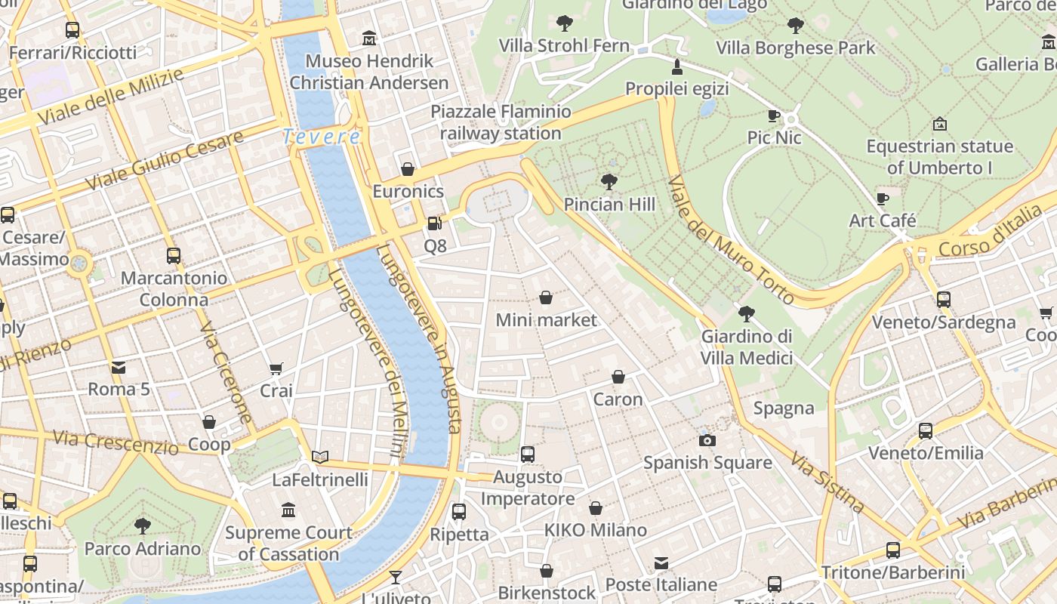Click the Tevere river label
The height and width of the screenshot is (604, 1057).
[322, 137]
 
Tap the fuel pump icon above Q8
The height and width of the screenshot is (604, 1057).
[434, 223]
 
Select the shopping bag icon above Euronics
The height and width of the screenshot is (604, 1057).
[408, 169]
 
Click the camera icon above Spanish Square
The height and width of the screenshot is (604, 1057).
[707, 440]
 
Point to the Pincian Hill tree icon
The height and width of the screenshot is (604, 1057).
[609, 182]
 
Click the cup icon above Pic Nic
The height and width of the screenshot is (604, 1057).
[774, 116]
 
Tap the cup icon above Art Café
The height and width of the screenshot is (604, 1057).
[883, 199]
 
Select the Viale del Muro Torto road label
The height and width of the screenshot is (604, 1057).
[730, 240]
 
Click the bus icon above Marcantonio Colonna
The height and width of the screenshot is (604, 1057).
[174, 256]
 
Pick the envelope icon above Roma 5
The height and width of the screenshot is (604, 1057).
[119, 368]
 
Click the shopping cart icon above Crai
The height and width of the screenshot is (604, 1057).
[276, 369]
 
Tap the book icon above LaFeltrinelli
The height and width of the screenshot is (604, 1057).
[320, 457]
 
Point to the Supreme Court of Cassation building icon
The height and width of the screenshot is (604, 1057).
[288, 510]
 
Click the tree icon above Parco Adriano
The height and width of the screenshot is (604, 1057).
[142, 526]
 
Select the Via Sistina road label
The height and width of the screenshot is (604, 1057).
[827, 482]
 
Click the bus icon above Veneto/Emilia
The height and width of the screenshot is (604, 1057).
[926, 431]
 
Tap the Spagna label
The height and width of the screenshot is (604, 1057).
[784, 408]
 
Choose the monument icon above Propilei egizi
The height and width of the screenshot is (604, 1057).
[677, 66]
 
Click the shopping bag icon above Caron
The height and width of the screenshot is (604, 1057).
[618, 377]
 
